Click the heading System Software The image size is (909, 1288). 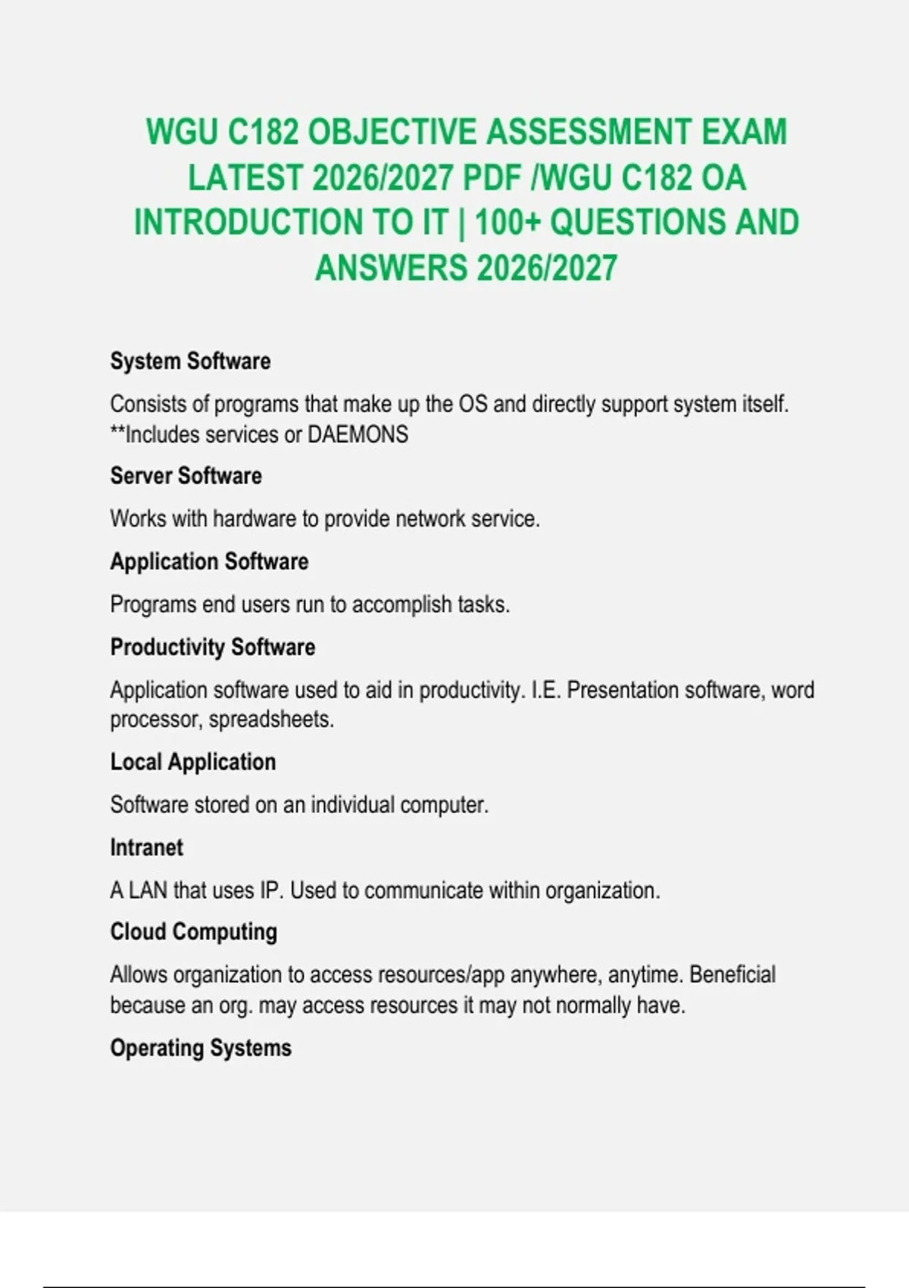[x=190, y=361]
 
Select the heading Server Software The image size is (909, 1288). [x=186, y=476]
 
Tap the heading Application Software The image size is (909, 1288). [x=209, y=561]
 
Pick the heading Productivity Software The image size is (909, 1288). [x=212, y=647]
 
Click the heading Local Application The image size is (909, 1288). [x=192, y=761]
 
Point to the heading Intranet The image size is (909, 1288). [x=146, y=847]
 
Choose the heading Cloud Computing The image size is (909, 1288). [x=193, y=932]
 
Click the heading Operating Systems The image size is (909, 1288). [x=201, y=1048]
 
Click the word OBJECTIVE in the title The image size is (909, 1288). [x=392, y=132]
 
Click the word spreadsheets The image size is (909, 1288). [x=271, y=719]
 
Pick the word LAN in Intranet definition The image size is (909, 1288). [x=148, y=890]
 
